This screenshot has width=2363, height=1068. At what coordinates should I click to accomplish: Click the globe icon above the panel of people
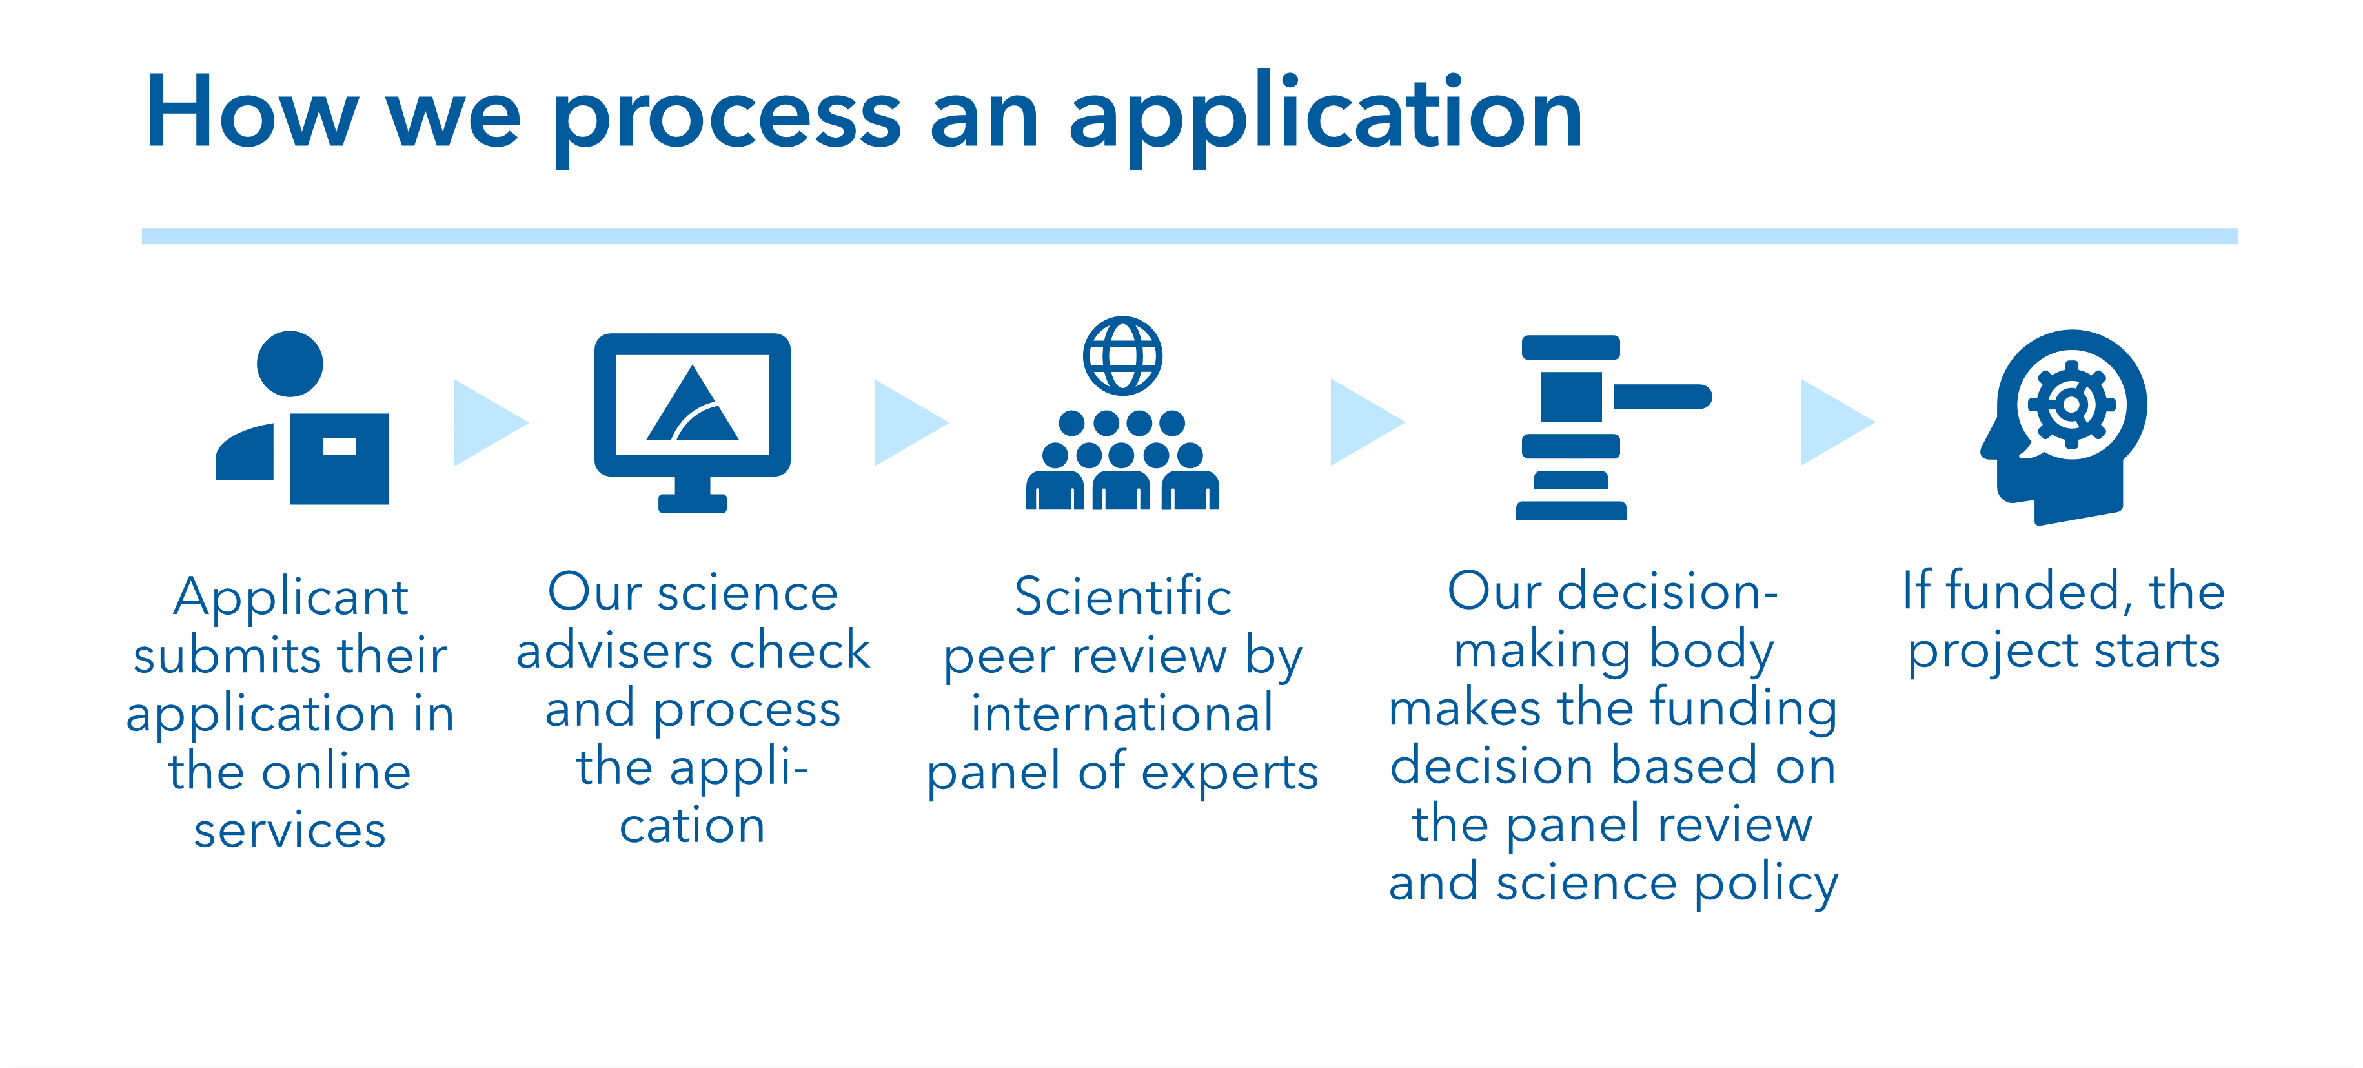click(1122, 355)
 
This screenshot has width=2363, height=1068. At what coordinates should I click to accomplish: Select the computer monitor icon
click(693, 422)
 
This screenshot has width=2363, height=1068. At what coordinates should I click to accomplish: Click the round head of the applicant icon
click(290, 364)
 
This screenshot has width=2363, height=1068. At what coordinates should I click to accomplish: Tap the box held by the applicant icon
click(340, 458)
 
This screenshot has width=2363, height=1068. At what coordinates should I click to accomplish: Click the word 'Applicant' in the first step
click(291, 598)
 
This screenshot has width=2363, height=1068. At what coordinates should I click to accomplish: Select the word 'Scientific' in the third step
click(1123, 597)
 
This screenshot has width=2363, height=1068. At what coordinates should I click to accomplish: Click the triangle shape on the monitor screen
click(693, 403)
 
